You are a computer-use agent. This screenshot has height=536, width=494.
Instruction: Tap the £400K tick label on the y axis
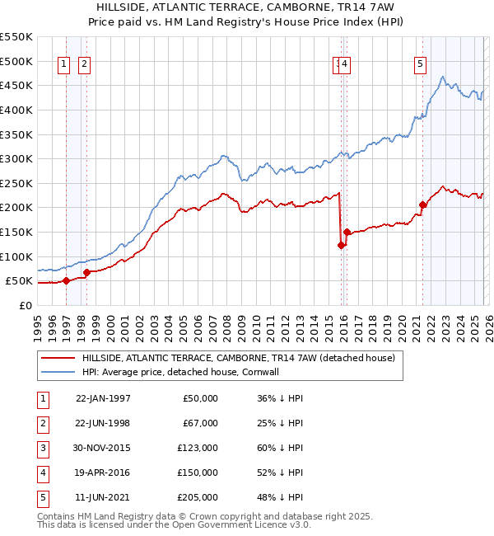pyautogui.click(x=16, y=110)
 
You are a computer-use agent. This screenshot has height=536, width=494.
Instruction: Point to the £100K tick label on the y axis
pyautogui.click(x=16, y=256)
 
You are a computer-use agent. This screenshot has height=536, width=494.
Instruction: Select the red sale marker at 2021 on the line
pyautogui.click(x=423, y=205)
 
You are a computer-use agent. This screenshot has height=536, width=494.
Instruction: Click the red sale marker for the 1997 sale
pyautogui.click(x=67, y=280)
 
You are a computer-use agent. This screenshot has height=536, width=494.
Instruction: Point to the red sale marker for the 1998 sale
pyautogui.click(x=87, y=272)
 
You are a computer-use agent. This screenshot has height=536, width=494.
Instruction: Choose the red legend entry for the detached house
pyautogui.click(x=238, y=358)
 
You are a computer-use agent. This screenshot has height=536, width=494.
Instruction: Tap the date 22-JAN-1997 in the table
pyautogui.click(x=103, y=398)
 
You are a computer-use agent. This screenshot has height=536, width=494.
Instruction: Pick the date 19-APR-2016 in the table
pyautogui.click(x=103, y=473)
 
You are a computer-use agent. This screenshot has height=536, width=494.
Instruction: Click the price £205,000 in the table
pyautogui.click(x=197, y=497)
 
